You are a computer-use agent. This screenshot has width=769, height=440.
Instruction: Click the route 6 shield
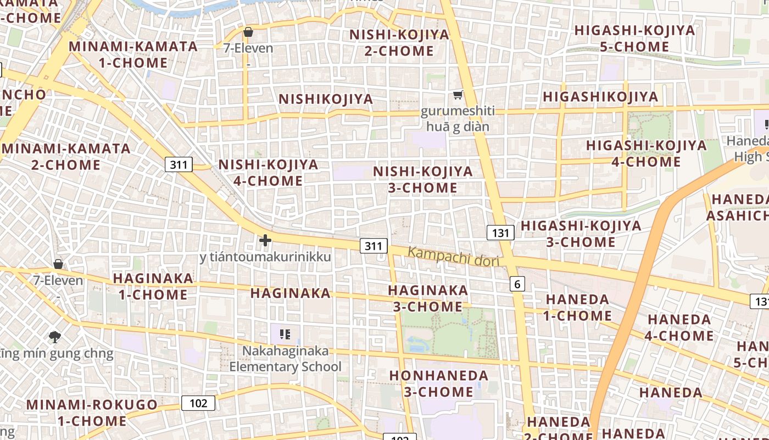[517, 284]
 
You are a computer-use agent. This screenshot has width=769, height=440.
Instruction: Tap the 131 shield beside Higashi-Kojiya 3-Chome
[500, 233]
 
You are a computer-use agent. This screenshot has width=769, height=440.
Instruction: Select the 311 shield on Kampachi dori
[374, 246]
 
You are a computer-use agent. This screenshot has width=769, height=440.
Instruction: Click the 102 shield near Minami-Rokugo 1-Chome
[198, 403]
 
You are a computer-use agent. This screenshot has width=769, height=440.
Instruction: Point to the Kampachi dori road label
[453, 257]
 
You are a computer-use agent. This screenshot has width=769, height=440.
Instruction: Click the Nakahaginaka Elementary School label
[286, 359]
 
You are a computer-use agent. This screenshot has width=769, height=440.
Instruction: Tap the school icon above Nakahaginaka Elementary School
[285, 334]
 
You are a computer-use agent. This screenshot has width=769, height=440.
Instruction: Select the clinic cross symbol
[265, 240]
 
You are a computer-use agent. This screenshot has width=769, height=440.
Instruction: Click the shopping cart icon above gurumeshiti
[458, 95]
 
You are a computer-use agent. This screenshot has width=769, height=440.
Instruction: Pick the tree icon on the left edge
[54, 337]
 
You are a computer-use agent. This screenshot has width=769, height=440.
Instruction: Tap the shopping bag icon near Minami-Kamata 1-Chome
[248, 32]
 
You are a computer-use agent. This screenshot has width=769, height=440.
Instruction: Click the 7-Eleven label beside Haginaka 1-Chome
[58, 280]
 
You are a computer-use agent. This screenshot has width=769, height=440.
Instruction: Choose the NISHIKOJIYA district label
[326, 100]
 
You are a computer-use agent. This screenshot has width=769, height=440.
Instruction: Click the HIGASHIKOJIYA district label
[600, 97]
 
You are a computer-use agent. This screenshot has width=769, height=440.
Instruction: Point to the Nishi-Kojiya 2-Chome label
[399, 43]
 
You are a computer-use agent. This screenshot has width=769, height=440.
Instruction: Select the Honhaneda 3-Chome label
[438, 384]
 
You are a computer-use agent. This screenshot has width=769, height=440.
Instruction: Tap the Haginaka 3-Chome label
[428, 298]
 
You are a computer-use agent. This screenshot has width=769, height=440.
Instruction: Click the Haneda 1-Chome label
[577, 307]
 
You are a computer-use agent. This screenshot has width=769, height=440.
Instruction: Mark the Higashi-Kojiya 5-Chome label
[634, 38]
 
